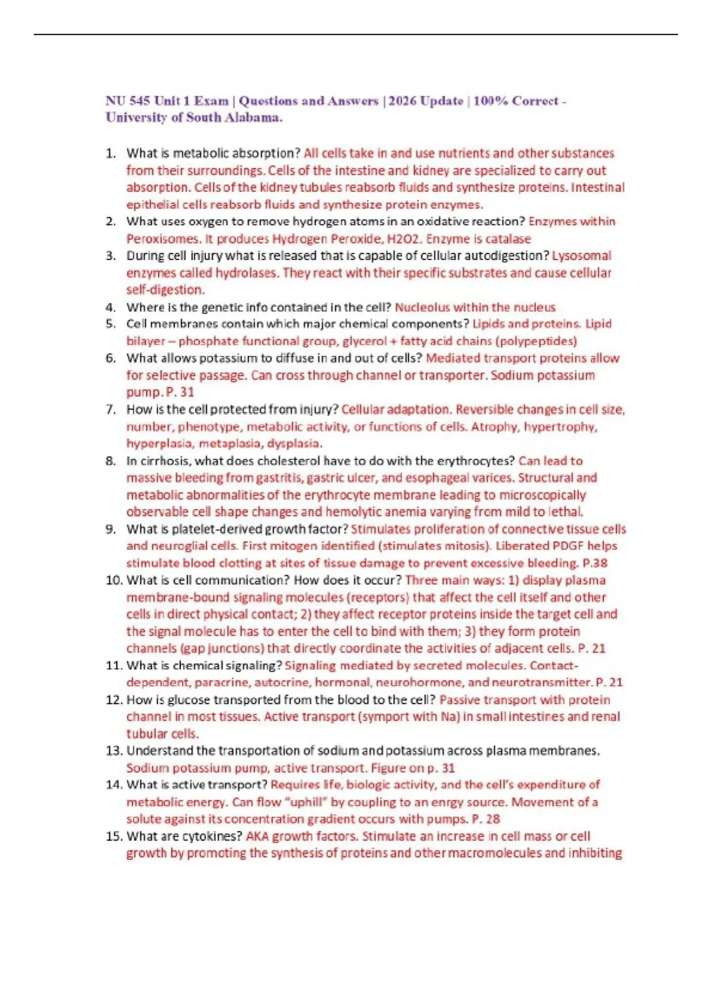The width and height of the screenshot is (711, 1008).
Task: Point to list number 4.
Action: (x=110, y=307)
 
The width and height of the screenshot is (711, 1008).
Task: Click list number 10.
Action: (x=114, y=580)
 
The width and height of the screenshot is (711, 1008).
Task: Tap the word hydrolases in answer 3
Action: (x=246, y=273)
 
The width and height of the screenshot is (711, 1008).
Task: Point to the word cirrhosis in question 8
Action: (x=163, y=461)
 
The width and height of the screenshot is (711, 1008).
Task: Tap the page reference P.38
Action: (x=595, y=563)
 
